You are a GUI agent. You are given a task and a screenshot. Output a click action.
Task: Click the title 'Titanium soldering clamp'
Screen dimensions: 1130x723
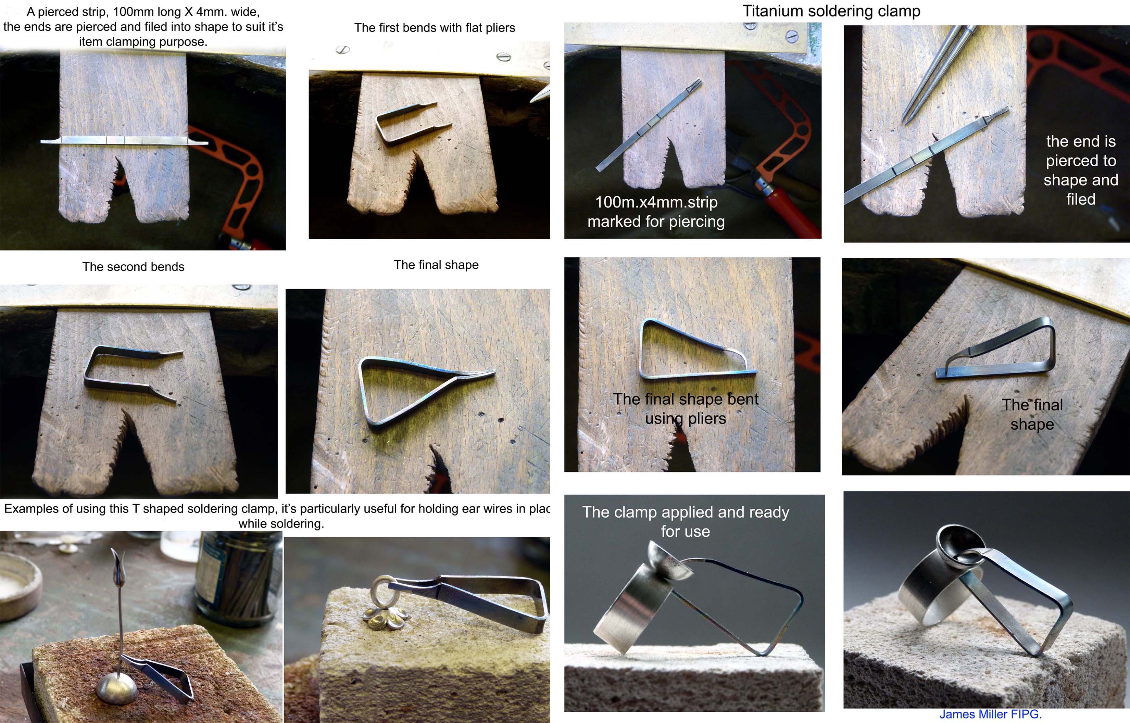(x=831, y=11)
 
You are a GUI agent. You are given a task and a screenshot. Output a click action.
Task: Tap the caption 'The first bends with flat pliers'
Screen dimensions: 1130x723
(x=435, y=28)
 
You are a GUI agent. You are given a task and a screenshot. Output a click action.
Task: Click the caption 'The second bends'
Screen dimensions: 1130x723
(x=133, y=267)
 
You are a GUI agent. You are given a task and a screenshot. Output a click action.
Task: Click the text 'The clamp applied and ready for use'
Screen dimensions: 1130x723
(x=686, y=522)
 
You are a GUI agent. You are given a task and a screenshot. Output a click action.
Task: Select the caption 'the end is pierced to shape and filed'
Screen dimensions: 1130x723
(x=1081, y=170)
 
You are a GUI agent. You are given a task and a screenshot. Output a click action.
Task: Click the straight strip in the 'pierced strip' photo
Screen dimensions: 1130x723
(x=124, y=140)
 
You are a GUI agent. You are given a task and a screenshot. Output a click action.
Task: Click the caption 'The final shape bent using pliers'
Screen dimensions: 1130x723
(x=686, y=408)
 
